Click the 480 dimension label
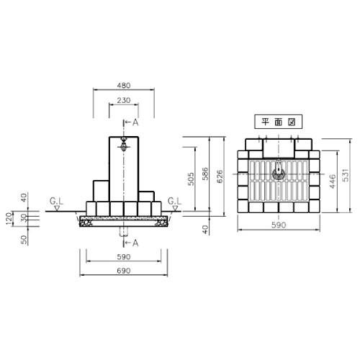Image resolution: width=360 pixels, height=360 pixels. click(x=124, y=86)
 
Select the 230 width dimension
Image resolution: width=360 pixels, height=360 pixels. click(x=124, y=100)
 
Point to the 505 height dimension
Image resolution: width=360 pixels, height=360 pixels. click(x=191, y=179)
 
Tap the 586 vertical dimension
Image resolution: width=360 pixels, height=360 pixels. click(x=205, y=174)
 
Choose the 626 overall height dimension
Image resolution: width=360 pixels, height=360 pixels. click(x=220, y=176)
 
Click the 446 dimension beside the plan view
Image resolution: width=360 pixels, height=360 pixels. click(x=333, y=181)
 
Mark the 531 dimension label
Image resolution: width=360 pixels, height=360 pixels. click(x=345, y=175)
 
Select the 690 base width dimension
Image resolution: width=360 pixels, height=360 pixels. click(x=124, y=271)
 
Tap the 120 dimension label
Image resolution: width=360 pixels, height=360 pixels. click(x=9, y=219)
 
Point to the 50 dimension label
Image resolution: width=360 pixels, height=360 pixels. click(x=24, y=240)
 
